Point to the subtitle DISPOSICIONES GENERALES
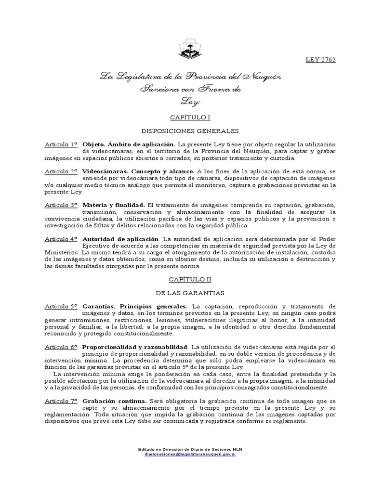click(x=189, y=130)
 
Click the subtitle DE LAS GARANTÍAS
click(x=189, y=292)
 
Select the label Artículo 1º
click(x=61, y=144)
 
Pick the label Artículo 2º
click(x=61, y=171)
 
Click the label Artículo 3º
click(x=61, y=205)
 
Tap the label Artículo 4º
click(x=61, y=239)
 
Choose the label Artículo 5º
click(x=61, y=306)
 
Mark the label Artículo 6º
click(x=61, y=347)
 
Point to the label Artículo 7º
click(x=61, y=401)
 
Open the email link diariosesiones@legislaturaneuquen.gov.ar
click(x=189, y=454)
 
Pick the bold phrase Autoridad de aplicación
click(x=120, y=239)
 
